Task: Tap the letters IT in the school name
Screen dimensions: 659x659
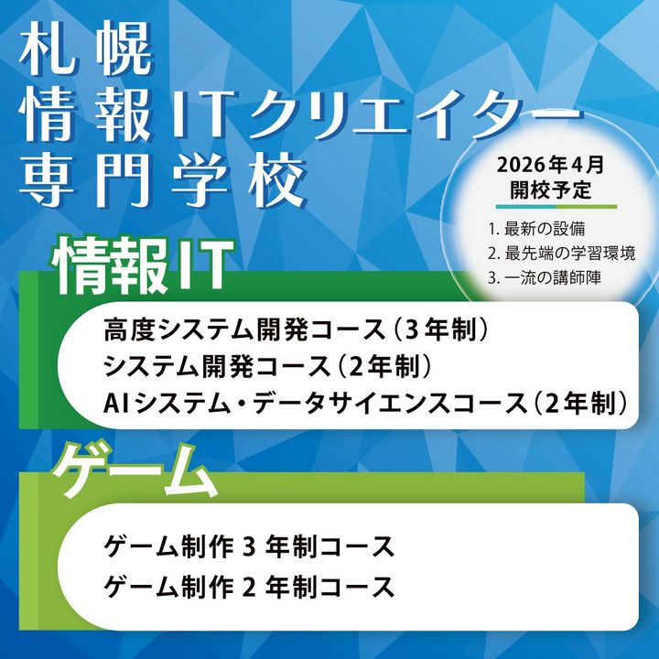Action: tap(199, 115)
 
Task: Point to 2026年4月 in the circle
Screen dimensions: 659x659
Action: tap(550, 165)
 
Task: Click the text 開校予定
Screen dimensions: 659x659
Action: tap(551, 190)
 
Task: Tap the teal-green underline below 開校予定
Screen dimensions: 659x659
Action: tap(556, 207)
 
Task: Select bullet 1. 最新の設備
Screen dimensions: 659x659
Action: tap(536, 230)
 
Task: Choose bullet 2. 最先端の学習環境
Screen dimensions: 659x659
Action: tap(561, 254)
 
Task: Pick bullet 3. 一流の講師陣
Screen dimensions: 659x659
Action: tap(545, 278)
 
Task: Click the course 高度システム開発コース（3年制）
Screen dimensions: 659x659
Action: tap(297, 329)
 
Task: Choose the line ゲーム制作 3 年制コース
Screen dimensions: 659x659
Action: tap(249, 546)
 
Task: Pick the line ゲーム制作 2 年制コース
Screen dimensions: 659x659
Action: tap(249, 587)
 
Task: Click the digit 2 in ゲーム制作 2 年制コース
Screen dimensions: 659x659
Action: tap(250, 587)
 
